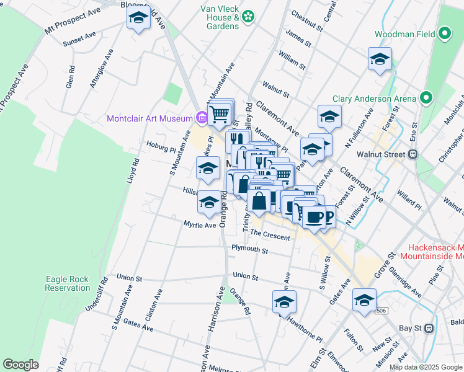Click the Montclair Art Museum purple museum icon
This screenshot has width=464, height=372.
coord(201,117)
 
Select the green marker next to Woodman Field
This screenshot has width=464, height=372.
coord(444,33)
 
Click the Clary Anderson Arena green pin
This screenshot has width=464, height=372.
coord(426,98)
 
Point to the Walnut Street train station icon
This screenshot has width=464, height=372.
coord(412,154)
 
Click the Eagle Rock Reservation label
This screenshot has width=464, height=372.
coord(68,283)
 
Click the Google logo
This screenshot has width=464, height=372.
coord(20,365)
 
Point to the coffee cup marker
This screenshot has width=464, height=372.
coord(315,217)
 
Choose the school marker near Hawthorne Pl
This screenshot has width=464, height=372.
coord(284,301)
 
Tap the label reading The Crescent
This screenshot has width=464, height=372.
coord(270,237)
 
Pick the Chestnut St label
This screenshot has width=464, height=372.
coord(307,20)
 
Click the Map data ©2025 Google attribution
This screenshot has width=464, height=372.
coord(426,367)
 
